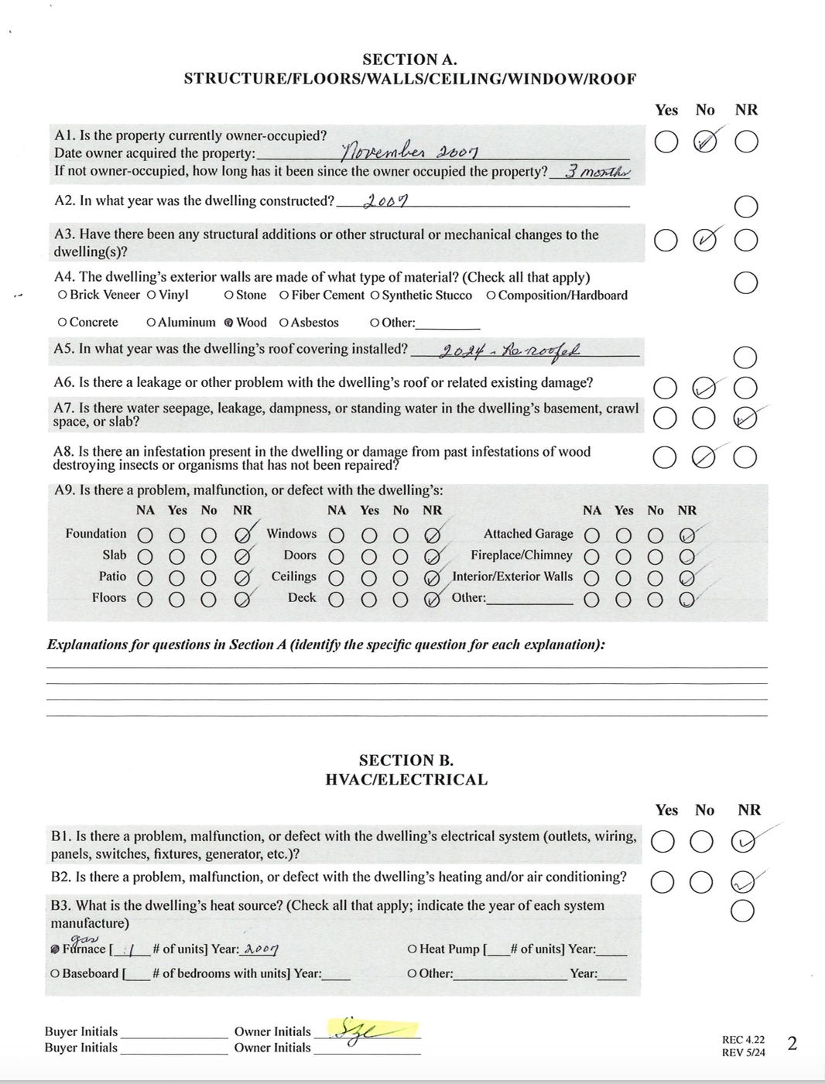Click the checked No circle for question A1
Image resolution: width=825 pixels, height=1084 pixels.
click(705, 142)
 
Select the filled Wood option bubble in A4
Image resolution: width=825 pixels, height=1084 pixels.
click(228, 323)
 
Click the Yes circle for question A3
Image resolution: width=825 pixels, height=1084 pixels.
click(666, 240)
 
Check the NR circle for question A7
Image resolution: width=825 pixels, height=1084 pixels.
click(745, 418)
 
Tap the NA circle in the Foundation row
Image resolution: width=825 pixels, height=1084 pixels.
click(145, 535)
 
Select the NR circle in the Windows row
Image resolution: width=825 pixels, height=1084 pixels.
click(432, 535)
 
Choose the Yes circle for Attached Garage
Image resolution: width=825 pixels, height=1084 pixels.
click(624, 535)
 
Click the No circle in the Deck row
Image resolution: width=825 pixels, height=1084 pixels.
click(400, 599)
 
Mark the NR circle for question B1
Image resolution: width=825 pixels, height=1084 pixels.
click(741, 842)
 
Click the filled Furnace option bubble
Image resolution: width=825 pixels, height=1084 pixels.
click(55, 949)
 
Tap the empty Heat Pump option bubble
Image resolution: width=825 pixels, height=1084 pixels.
click(412, 949)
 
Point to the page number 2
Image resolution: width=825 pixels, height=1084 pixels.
click(792, 1044)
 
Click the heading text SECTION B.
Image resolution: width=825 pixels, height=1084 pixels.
click(406, 761)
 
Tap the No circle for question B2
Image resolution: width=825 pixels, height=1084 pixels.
click(701, 881)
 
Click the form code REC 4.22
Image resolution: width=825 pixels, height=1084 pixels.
click(743, 1040)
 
